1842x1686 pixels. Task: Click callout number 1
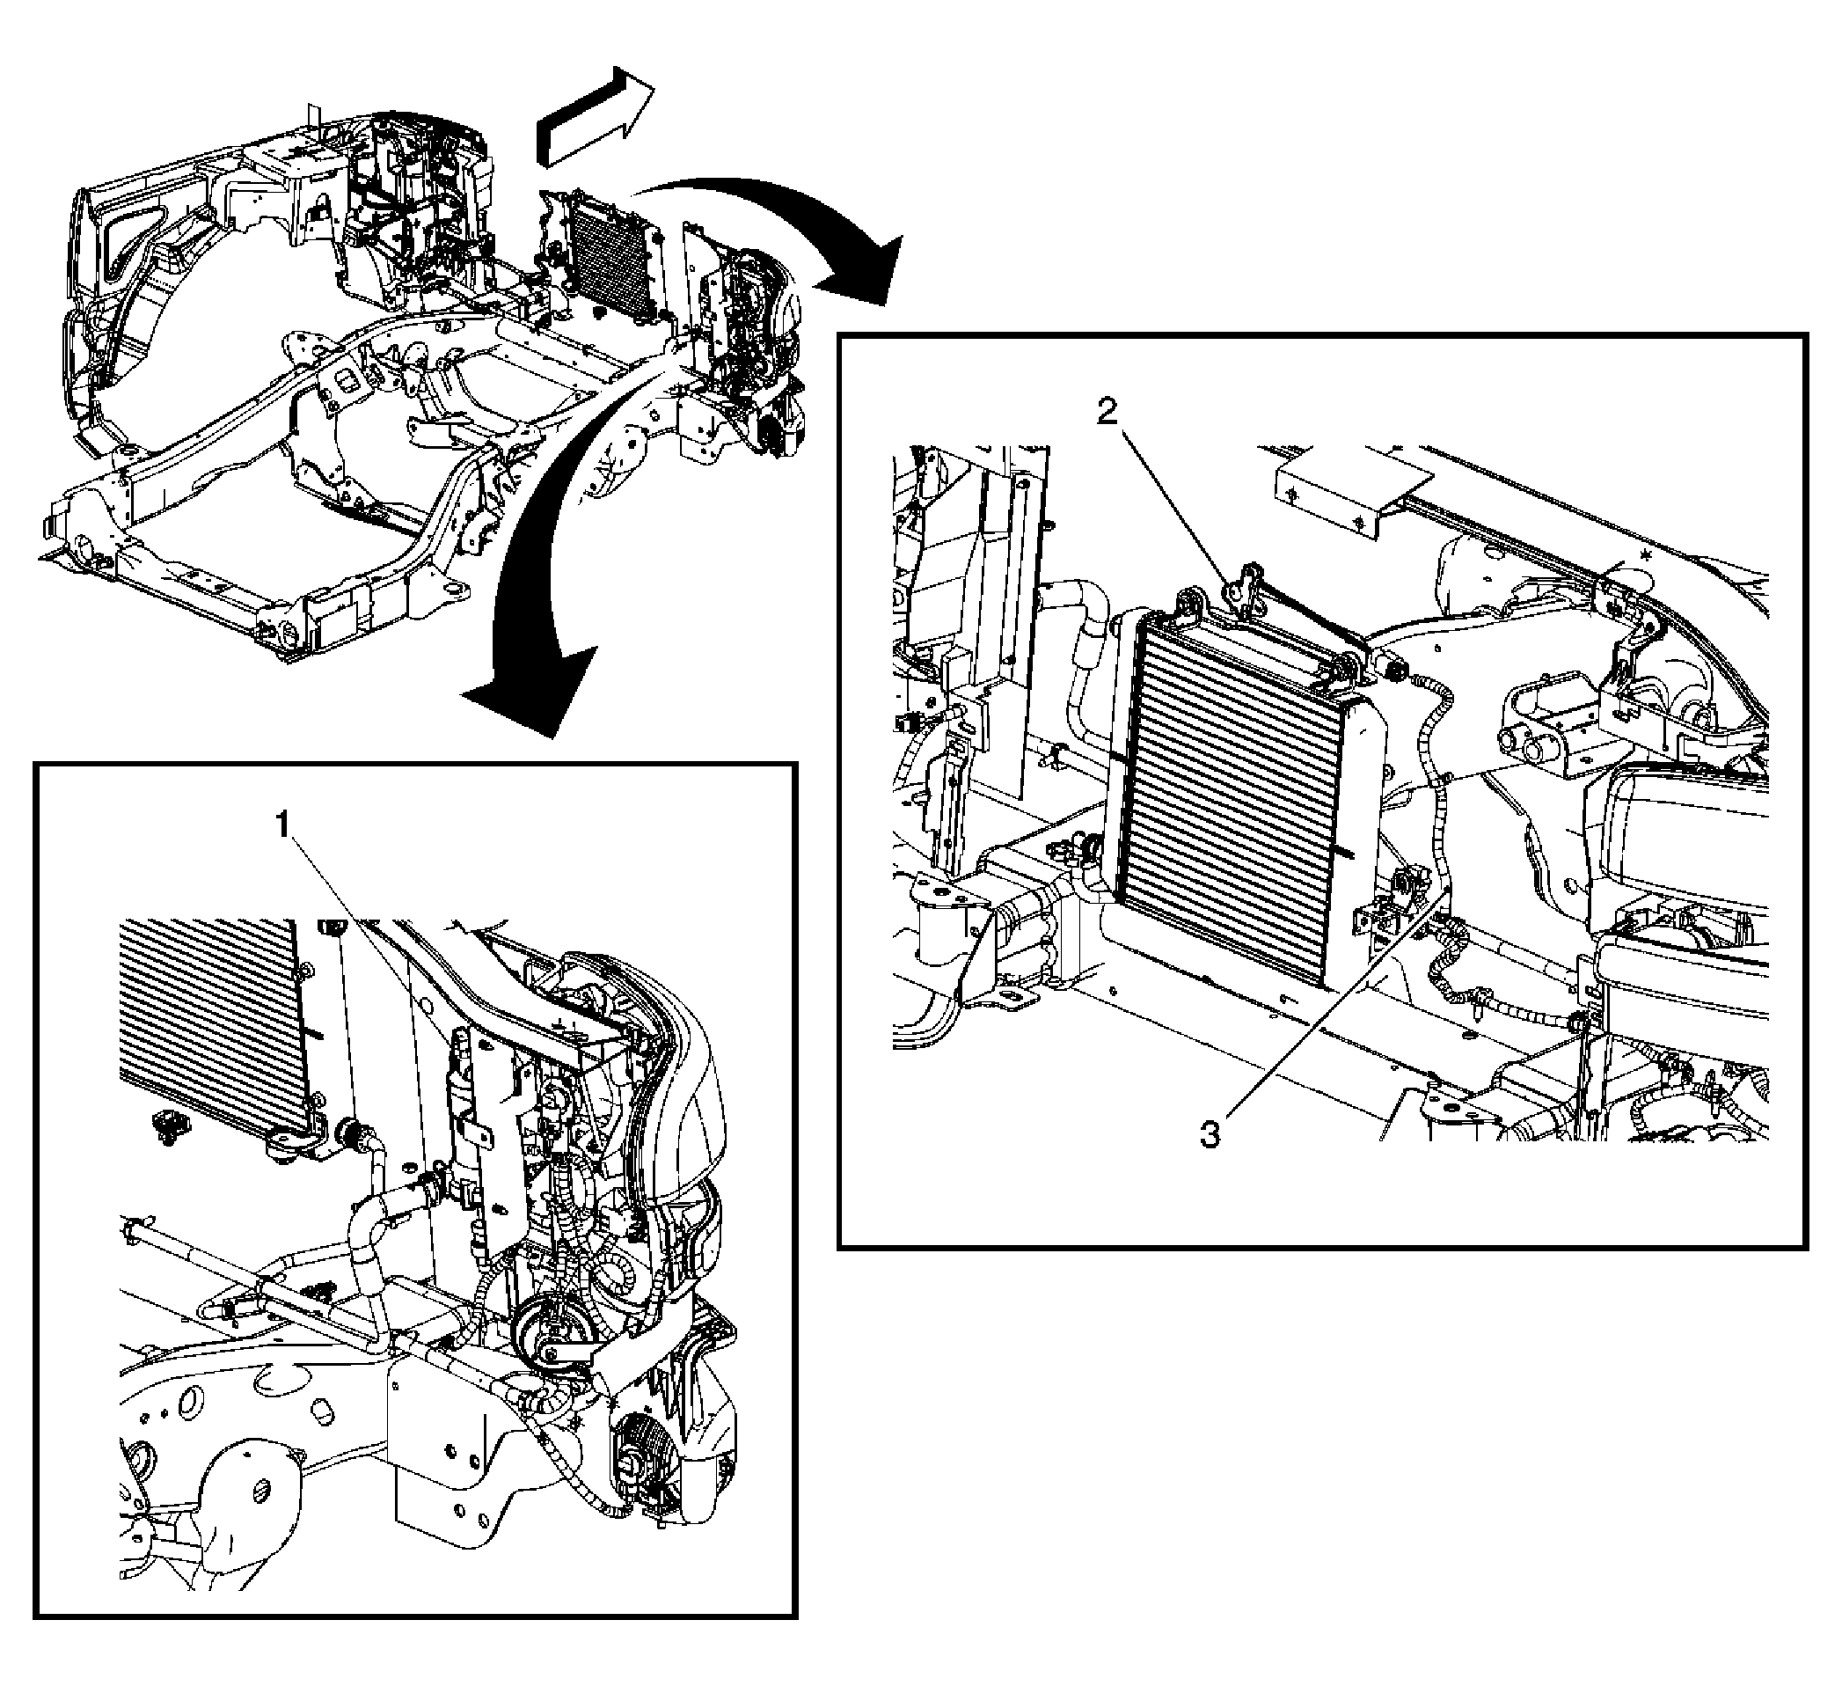[x=285, y=826]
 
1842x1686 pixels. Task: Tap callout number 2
[x=1107, y=413]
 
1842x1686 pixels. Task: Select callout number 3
[x=1210, y=1136]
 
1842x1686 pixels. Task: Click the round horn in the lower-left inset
[x=539, y=1338]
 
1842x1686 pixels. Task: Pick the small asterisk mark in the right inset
[x=1646, y=554]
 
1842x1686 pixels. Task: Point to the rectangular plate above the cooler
[x=1352, y=489]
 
